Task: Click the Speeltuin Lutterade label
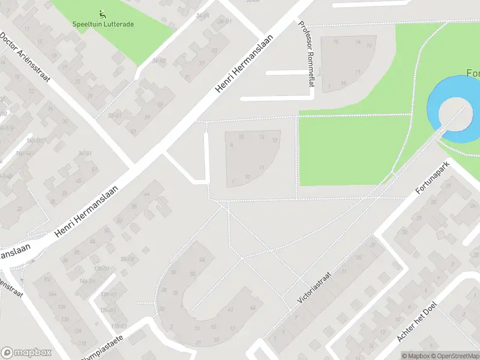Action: click(103, 25)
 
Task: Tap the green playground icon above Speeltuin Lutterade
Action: click(103, 13)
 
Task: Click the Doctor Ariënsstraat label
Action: click(25, 56)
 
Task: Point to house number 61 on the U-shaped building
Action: click(231, 309)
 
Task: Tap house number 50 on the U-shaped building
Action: click(193, 274)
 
